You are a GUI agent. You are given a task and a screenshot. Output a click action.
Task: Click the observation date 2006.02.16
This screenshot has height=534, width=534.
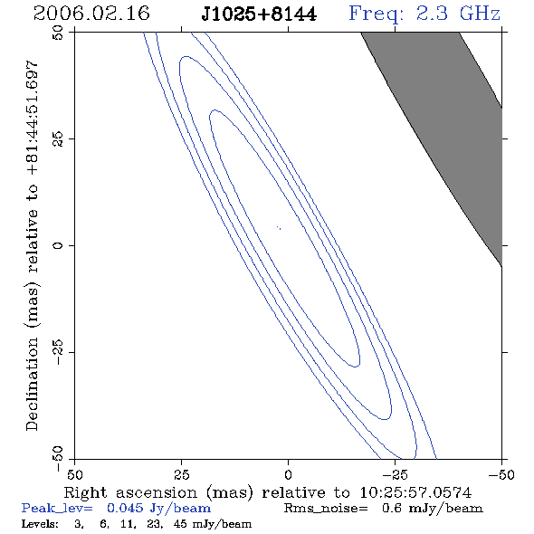(x=91, y=14)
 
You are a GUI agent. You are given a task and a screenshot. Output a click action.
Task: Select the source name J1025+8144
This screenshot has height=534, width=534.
(x=259, y=14)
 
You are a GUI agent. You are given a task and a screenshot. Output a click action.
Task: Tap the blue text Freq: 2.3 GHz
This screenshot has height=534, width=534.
(x=424, y=14)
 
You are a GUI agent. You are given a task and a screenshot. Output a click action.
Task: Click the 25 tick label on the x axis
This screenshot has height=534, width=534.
(x=181, y=475)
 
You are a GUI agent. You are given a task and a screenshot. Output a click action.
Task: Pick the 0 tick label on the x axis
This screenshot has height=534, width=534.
(x=288, y=475)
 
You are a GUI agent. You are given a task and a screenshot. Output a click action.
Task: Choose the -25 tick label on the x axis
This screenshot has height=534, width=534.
(x=395, y=475)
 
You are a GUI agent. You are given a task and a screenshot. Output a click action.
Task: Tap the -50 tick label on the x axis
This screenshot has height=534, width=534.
(x=501, y=475)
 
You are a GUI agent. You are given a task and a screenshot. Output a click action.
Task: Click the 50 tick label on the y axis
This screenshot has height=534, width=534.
(x=58, y=33)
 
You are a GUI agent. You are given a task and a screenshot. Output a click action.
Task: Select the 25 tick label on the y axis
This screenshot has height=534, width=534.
(x=58, y=139)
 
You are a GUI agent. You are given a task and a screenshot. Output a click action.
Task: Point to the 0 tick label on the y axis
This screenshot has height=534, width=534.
(x=58, y=245)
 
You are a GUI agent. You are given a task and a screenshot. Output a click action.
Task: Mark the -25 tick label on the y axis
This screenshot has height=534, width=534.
(x=58, y=352)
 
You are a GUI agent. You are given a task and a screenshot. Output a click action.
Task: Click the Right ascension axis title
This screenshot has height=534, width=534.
(x=268, y=492)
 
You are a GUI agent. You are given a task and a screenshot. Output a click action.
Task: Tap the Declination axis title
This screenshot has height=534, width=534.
(x=32, y=245)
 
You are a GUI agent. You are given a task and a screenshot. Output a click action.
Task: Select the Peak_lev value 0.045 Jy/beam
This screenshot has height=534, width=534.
(x=158, y=508)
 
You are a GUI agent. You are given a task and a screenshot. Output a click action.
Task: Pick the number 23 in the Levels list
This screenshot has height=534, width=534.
(x=154, y=524)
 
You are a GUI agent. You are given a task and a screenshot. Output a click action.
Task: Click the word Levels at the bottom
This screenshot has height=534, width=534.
(x=40, y=523)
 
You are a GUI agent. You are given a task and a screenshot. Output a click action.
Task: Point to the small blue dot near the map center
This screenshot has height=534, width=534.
(x=279, y=227)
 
